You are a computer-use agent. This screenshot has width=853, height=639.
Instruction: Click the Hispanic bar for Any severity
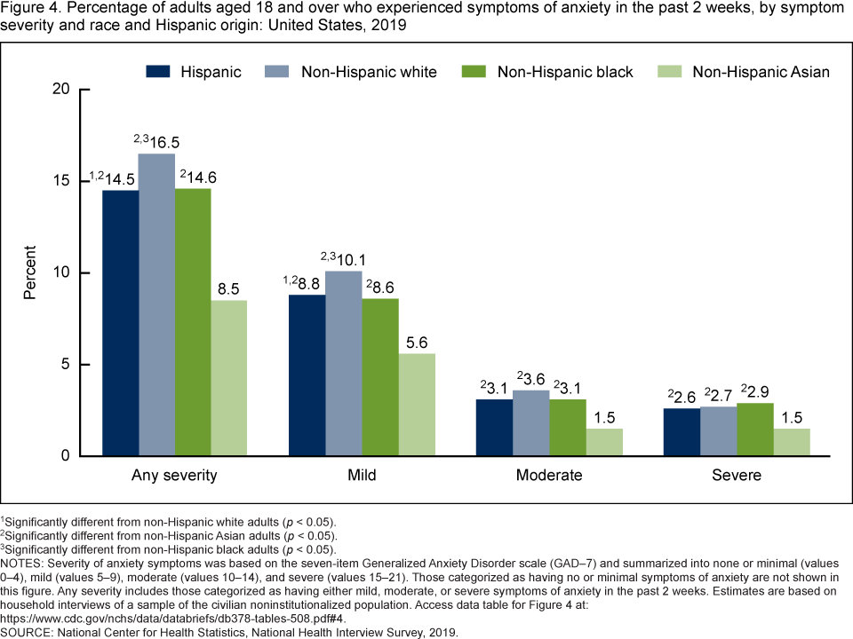pyautogui.click(x=120, y=323)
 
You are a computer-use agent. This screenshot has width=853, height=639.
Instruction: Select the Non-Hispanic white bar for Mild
pyautogui.click(x=343, y=364)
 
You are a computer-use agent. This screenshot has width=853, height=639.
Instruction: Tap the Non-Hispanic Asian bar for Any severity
pyautogui.click(x=229, y=378)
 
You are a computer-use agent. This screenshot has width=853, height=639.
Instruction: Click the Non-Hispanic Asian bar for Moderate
pyautogui.click(x=604, y=442)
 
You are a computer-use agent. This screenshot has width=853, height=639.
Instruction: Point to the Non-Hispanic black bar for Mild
pyautogui.click(x=379, y=377)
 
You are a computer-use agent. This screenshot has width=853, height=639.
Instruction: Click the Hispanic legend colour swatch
pyautogui.click(x=157, y=72)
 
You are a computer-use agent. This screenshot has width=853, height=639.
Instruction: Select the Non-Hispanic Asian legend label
pyautogui.click(x=761, y=72)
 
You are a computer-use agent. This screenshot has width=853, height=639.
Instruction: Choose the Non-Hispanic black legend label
pyautogui.click(x=565, y=72)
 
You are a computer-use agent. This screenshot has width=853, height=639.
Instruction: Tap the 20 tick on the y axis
pyautogui.click(x=61, y=89)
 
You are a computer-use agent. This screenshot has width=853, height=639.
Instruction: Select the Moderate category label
pyautogui.click(x=549, y=475)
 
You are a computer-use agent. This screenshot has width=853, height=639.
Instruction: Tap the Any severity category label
pyautogui.click(x=174, y=475)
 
